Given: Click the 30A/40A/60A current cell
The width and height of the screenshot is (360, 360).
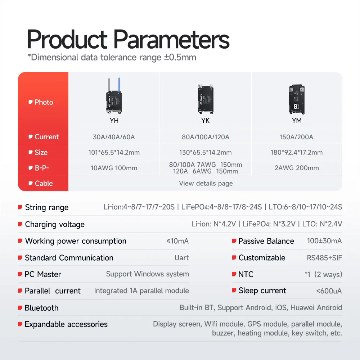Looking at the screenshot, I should [x=114, y=137].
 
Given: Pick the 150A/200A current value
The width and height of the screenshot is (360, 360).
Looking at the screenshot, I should [x=297, y=137].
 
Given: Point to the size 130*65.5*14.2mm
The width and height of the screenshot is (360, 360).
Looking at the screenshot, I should [x=206, y=153].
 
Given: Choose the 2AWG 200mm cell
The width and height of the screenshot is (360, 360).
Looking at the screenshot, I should [x=297, y=168].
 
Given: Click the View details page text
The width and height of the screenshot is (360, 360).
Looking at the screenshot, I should [x=206, y=184].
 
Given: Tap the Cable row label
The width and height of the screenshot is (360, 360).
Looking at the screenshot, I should [x=44, y=184].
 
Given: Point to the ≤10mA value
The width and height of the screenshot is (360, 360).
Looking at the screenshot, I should [x=178, y=241].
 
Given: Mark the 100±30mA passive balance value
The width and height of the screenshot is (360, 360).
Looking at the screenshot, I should [x=324, y=241].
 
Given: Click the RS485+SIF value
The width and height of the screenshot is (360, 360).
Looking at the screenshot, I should [x=322, y=258].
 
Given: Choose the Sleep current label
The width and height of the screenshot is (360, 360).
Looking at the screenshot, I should [x=262, y=291].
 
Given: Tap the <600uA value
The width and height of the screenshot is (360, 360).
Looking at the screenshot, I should [x=329, y=291].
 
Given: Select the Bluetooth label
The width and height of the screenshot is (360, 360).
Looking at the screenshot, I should [x=41, y=308].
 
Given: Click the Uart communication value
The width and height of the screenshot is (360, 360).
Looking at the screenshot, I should [x=181, y=258].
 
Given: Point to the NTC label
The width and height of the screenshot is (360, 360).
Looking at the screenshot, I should [x=246, y=274].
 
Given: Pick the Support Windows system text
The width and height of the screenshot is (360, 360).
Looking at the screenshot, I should [x=147, y=274].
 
